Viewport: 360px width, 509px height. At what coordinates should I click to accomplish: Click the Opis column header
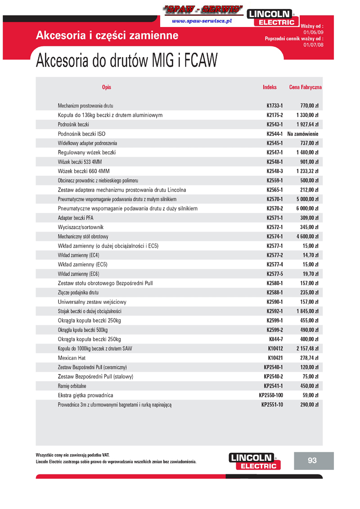pyautogui.click(x=107, y=87)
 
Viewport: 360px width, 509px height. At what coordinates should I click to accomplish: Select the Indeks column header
pyautogui.click(x=270, y=87)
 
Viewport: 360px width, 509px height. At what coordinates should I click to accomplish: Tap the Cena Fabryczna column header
pyautogui.click(x=305, y=87)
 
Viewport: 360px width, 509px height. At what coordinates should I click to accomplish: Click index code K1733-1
pyautogui.click(x=274, y=106)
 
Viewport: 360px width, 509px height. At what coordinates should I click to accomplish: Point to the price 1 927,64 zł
pyautogui.click(x=307, y=125)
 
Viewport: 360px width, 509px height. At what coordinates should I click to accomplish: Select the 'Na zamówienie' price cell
pyautogui.click(x=303, y=134)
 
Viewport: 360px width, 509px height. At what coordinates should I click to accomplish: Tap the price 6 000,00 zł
pyautogui.click(x=307, y=209)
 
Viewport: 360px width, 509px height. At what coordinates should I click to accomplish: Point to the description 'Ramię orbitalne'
pyautogui.click(x=72, y=386)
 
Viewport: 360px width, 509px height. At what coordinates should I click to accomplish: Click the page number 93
pyautogui.click(x=312, y=460)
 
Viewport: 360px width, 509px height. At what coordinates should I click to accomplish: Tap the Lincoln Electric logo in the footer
pyautogui.click(x=255, y=461)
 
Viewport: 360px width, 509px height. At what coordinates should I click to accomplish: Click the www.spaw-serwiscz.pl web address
pyautogui.click(x=202, y=21)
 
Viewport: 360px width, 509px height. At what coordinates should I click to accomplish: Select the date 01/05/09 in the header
pyautogui.click(x=313, y=32)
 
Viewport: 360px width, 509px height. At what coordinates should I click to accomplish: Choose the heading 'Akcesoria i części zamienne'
pyautogui.click(x=107, y=36)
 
